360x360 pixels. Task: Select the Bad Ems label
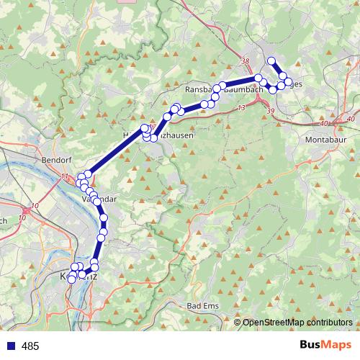click(203, 307)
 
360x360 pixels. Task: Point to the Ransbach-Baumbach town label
click(220, 89)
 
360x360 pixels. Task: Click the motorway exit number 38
click(246, 61)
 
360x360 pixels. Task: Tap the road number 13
click(240, 107)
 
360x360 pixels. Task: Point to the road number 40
click(351, 118)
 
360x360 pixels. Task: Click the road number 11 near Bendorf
click(65, 176)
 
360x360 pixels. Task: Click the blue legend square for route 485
click(11, 346)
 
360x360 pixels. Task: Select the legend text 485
click(30, 346)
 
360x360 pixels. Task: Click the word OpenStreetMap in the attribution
click(271, 323)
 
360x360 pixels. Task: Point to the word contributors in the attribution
click(328, 323)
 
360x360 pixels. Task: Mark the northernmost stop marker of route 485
click(271, 60)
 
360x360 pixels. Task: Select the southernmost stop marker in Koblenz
click(71, 279)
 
